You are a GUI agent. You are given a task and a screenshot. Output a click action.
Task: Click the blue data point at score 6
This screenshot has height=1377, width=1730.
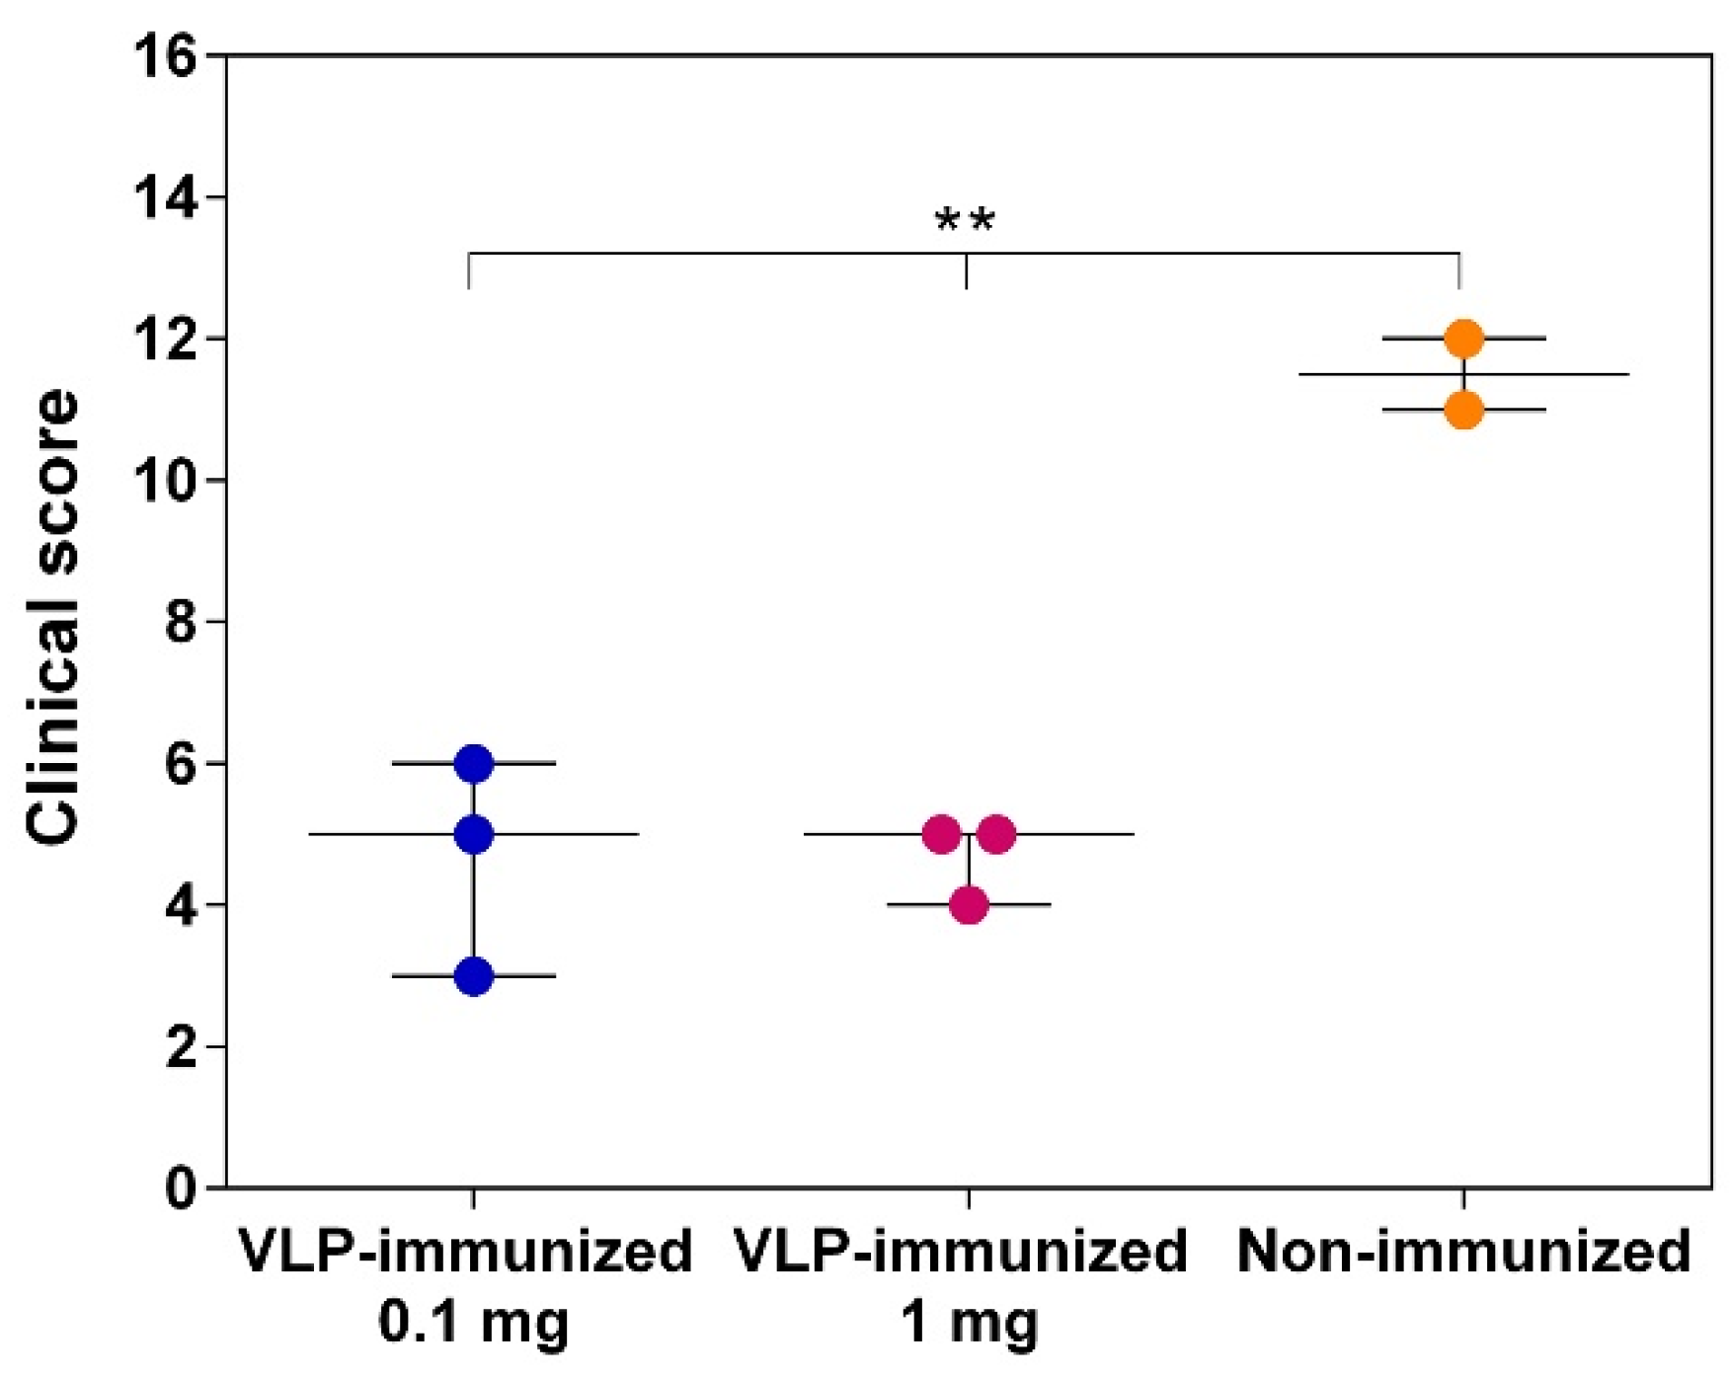click(x=474, y=764)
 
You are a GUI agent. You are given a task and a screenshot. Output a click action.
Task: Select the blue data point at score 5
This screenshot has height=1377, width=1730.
click(x=474, y=835)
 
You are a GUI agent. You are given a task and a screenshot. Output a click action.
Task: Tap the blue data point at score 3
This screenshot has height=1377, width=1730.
click(x=474, y=976)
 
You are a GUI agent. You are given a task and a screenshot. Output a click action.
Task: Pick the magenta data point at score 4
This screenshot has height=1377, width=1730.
click(x=969, y=905)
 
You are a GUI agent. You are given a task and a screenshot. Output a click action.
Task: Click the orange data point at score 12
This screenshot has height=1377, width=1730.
click(x=1463, y=339)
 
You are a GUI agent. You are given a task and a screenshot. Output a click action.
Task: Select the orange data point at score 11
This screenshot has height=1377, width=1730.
click(x=1463, y=410)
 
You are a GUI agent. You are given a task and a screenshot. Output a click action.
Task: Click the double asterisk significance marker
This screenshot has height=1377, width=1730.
click(x=965, y=221)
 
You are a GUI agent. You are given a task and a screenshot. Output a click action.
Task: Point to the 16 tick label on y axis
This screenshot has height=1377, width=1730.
click(x=165, y=57)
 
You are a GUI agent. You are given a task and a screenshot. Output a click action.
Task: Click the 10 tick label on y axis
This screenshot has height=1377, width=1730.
click(x=165, y=482)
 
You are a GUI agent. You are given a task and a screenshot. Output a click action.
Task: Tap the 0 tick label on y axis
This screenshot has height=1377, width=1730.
click(x=181, y=1188)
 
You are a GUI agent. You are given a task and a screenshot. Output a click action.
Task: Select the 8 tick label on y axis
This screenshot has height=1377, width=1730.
click(x=181, y=623)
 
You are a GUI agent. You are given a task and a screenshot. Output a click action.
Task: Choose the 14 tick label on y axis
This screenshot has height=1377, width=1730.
click(x=165, y=198)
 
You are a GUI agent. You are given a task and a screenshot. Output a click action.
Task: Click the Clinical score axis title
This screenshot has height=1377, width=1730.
click(x=53, y=617)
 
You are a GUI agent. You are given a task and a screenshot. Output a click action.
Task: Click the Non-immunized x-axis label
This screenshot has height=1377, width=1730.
click(x=1463, y=1252)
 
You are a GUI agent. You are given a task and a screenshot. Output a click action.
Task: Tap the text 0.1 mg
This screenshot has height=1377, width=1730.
click(x=474, y=1323)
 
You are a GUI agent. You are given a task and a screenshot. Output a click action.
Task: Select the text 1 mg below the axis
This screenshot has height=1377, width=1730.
click(x=969, y=1323)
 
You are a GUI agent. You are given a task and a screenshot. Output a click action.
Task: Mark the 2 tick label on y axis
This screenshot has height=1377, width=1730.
click(x=181, y=1047)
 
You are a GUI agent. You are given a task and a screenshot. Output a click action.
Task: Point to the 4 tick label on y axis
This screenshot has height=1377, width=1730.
click(x=181, y=906)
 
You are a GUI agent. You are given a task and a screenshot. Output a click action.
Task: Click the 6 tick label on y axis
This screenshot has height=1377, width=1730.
click(x=181, y=765)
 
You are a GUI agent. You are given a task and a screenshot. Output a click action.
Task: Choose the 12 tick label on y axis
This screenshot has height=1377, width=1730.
click(x=165, y=341)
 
